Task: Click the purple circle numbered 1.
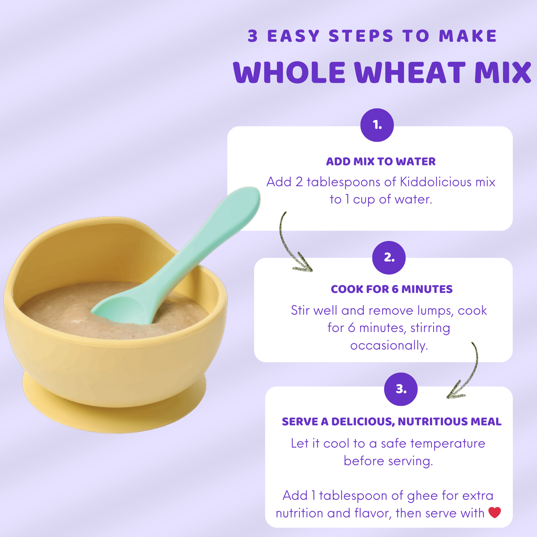coord(377,125)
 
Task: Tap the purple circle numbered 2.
coord(389,258)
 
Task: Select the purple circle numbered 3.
coord(401,389)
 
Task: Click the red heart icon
coord(495,512)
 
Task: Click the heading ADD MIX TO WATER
coord(381,161)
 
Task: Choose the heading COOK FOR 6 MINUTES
coord(392,289)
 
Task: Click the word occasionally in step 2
coord(389,345)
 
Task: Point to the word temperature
coord(448,443)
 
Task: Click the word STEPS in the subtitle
coord(361,36)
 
